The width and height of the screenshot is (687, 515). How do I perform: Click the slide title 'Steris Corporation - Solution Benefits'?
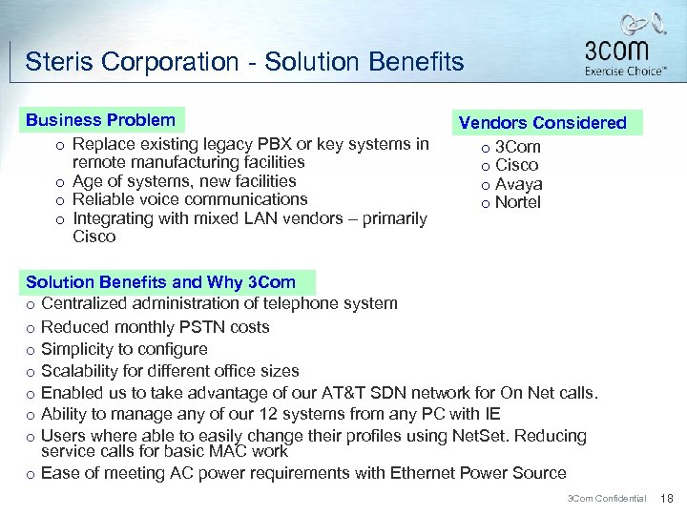tap(244, 63)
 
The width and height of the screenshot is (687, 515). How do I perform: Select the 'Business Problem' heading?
tap(100, 120)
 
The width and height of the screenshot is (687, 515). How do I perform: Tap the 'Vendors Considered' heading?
tap(542, 123)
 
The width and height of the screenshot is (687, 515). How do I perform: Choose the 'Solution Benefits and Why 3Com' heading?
tap(160, 282)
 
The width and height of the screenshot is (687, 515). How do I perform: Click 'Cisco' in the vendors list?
tap(516, 165)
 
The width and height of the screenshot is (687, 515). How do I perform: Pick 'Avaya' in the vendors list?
tap(518, 184)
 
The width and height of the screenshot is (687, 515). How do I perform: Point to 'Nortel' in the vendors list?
tap(517, 202)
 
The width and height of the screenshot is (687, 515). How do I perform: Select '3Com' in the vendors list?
tap(517, 147)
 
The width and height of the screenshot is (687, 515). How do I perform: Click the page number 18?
tap(667, 499)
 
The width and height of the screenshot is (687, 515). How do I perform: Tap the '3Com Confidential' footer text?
tap(607, 499)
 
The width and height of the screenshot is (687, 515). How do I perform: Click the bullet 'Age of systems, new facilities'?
tap(184, 181)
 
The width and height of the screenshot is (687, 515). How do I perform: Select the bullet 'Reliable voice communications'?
tap(190, 199)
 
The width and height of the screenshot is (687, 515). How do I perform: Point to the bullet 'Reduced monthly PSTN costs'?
tap(156, 327)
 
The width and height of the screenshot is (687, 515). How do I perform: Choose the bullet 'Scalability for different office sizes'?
tap(170, 371)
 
